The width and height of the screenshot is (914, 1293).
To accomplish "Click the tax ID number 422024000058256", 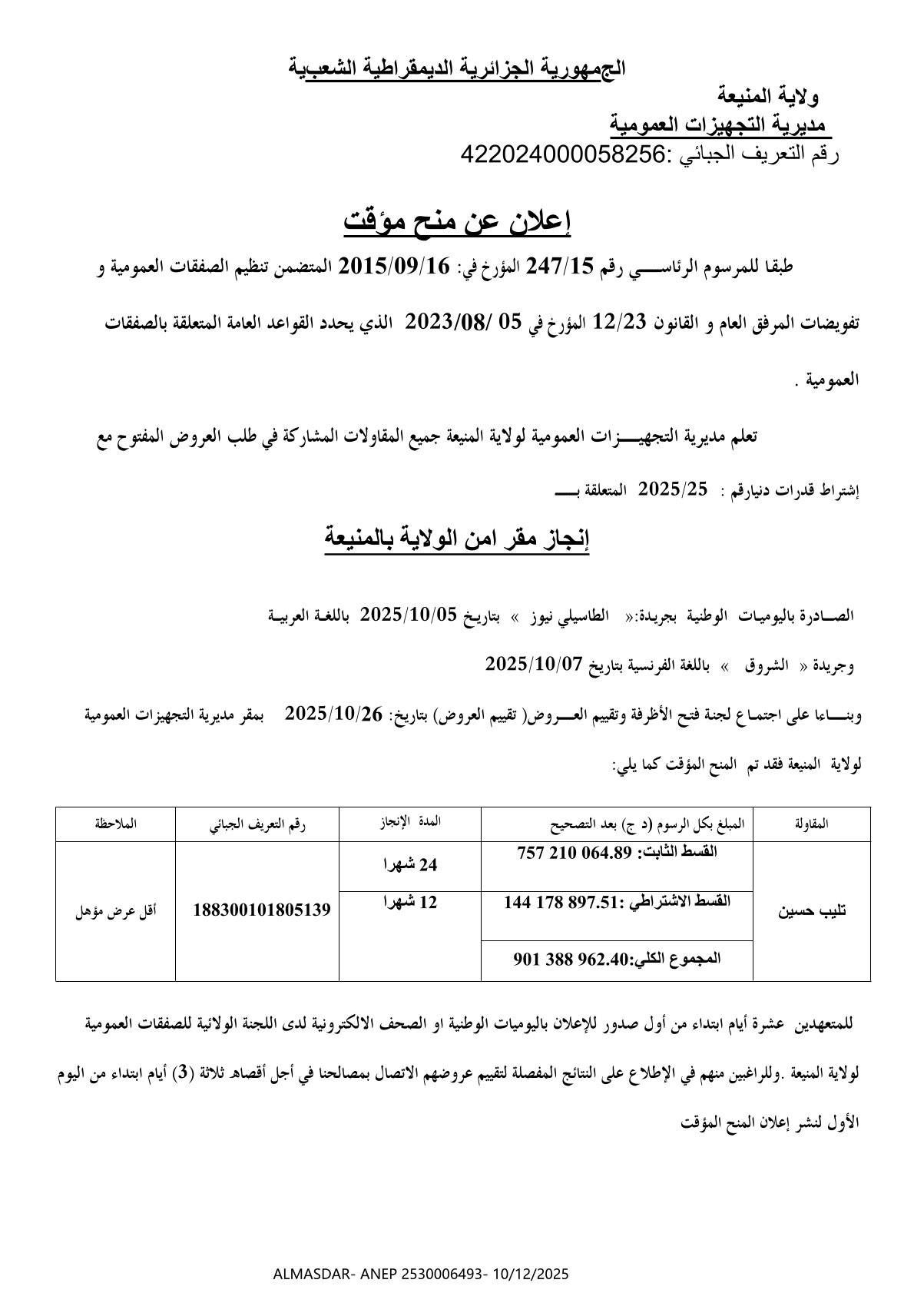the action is click(x=561, y=154).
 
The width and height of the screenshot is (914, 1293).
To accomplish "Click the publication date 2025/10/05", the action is click(x=409, y=615).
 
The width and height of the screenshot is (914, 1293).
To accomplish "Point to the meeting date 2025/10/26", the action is click(x=333, y=714).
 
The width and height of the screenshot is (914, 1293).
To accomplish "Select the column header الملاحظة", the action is click(x=115, y=824).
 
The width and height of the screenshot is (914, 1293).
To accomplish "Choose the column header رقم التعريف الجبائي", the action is click(x=257, y=824).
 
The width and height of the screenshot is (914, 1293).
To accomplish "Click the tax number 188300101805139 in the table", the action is click(x=262, y=910).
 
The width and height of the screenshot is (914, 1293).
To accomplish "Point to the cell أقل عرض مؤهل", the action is click(x=115, y=912).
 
